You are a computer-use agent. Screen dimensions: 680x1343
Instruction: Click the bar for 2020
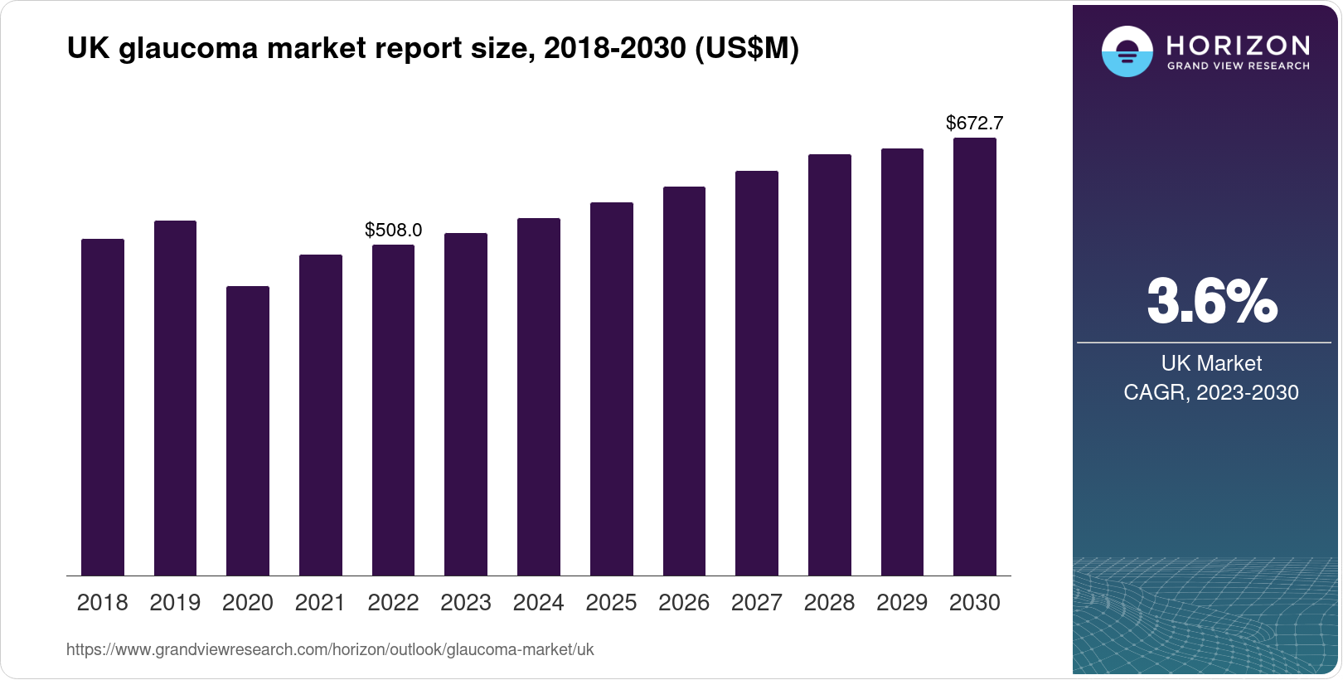(x=247, y=430)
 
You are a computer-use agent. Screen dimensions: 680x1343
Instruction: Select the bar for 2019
(x=175, y=398)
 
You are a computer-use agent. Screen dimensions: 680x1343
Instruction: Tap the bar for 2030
(x=974, y=357)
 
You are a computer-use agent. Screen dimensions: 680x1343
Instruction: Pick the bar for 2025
(x=611, y=389)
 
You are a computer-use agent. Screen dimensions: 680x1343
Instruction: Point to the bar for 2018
(x=102, y=407)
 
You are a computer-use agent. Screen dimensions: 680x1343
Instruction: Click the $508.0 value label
(x=393, y=230)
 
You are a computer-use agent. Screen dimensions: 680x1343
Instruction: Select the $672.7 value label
(x=974, y=124)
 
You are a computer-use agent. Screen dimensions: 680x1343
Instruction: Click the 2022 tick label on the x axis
(x=393, y=603)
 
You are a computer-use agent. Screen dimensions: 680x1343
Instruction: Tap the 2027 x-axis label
(x=756, y=603)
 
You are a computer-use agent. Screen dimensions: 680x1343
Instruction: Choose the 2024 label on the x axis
(x=538, y=603)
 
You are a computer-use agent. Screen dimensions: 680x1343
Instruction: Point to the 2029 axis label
(x=902, y=603)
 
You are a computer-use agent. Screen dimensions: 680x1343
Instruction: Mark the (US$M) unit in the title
(x=746, y=49)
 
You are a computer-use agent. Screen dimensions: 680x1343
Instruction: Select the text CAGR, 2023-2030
(x=1210, y=392)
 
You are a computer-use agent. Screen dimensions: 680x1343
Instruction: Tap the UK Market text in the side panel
(x=1211, y=363)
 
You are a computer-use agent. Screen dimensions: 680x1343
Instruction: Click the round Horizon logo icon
(x=1127, y=51)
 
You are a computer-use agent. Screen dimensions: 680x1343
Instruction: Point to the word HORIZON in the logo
(x=1238, y=45)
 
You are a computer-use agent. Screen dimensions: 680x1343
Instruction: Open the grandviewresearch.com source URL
(x=330, y=649)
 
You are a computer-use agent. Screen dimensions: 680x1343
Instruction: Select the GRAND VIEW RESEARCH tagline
(x=1238, y=66)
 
